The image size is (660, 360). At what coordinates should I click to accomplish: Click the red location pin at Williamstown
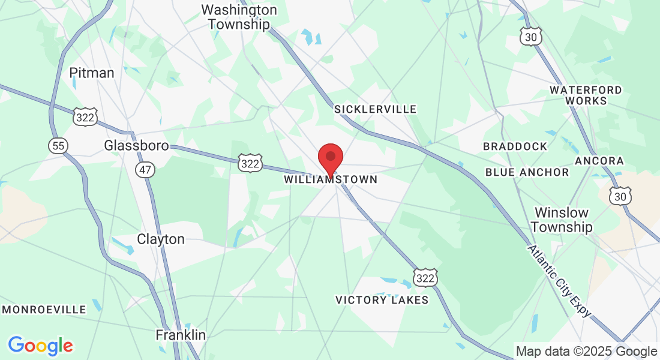(330, 157)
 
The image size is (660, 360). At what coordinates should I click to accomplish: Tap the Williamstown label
(331, 179)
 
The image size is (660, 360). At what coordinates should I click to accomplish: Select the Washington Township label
(239, 17)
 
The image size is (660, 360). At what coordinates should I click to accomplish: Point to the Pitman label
(92, 73)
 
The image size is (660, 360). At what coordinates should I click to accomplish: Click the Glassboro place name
(136, 145)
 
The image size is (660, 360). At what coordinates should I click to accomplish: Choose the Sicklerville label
(375, 109)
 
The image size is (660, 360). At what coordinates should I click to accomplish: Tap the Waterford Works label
(586, 95)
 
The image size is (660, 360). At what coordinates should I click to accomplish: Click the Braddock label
(515, 146)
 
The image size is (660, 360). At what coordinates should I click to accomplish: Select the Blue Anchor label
(527, 172)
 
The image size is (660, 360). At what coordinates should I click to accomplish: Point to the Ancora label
(599, 161)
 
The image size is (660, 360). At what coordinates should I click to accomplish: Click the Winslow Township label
(562, 220)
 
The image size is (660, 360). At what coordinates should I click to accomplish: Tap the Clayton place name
(161, 239)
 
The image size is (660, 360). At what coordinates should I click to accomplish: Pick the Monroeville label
(44, 310)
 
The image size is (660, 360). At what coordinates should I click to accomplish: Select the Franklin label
(181, 335)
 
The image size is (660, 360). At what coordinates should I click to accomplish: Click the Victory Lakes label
(382, 300)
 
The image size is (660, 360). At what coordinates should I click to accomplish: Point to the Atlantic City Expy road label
(560, 281)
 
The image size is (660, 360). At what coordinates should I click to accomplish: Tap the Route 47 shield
(146, 170)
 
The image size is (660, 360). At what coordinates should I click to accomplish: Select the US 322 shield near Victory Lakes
(425, 277)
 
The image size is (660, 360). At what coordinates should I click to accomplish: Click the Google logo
(40, 346)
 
